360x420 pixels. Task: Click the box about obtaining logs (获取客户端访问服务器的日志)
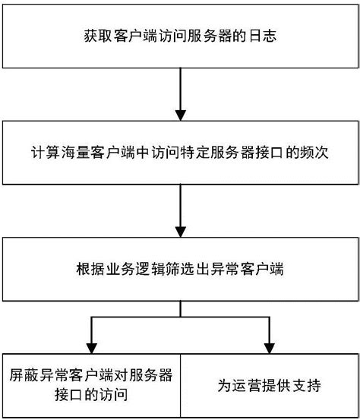(180, 35)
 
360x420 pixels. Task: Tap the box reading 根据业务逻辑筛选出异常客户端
(180, 269)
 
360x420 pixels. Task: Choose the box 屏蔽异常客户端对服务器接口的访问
(90, 385)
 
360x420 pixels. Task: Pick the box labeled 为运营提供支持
(270, 385)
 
